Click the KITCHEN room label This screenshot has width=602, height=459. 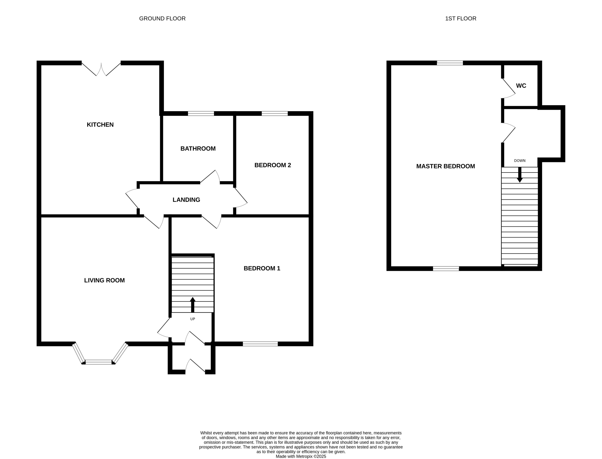point(100,125)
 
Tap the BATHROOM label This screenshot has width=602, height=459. point(198,149)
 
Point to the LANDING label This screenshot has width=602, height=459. point(186,200)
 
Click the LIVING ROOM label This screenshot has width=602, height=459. point(104,280)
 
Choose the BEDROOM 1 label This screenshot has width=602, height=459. point(262,268)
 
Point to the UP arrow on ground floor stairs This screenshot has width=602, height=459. point(193,304)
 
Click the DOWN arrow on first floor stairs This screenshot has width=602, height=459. point(520,175)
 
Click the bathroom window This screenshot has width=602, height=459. point(201,113)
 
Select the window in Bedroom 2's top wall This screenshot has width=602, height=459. point(275,113)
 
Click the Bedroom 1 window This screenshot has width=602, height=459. point(260,344)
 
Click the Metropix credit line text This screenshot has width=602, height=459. point(301,456)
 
